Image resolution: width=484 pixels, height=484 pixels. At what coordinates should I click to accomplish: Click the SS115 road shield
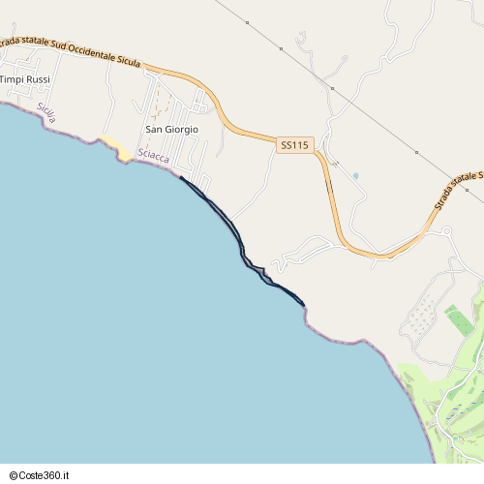tap(295, 145)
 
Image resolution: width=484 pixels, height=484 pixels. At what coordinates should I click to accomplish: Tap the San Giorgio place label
tap(171, 129)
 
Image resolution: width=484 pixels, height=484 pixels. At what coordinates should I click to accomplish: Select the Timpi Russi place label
tap(25, 79)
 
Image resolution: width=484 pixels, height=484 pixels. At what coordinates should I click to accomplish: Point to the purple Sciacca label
tap(154, 157)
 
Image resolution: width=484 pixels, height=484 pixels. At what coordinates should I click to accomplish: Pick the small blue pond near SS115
tap(355, 176)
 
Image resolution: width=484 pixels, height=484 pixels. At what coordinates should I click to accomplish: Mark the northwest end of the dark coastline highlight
tap(181, 177)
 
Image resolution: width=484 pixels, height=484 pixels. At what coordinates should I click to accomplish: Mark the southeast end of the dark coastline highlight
tap(304, 305)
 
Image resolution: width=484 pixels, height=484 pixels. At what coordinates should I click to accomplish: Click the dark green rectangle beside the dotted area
tap(459, 320)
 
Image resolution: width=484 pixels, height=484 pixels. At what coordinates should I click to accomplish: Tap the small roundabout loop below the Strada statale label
tap(446, 231)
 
